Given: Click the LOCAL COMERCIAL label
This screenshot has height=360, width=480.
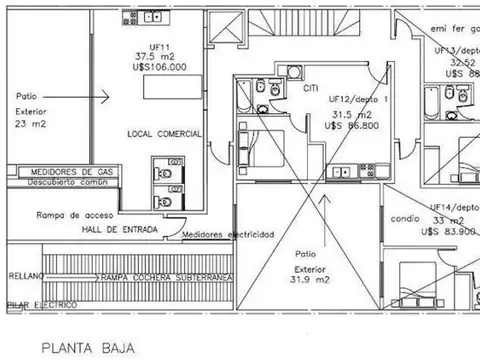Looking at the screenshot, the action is (x=165, y=133).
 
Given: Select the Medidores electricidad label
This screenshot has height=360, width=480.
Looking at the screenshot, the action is (x=229, y=234).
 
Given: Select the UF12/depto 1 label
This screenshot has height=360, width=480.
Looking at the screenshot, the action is (x=359, y=101).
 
